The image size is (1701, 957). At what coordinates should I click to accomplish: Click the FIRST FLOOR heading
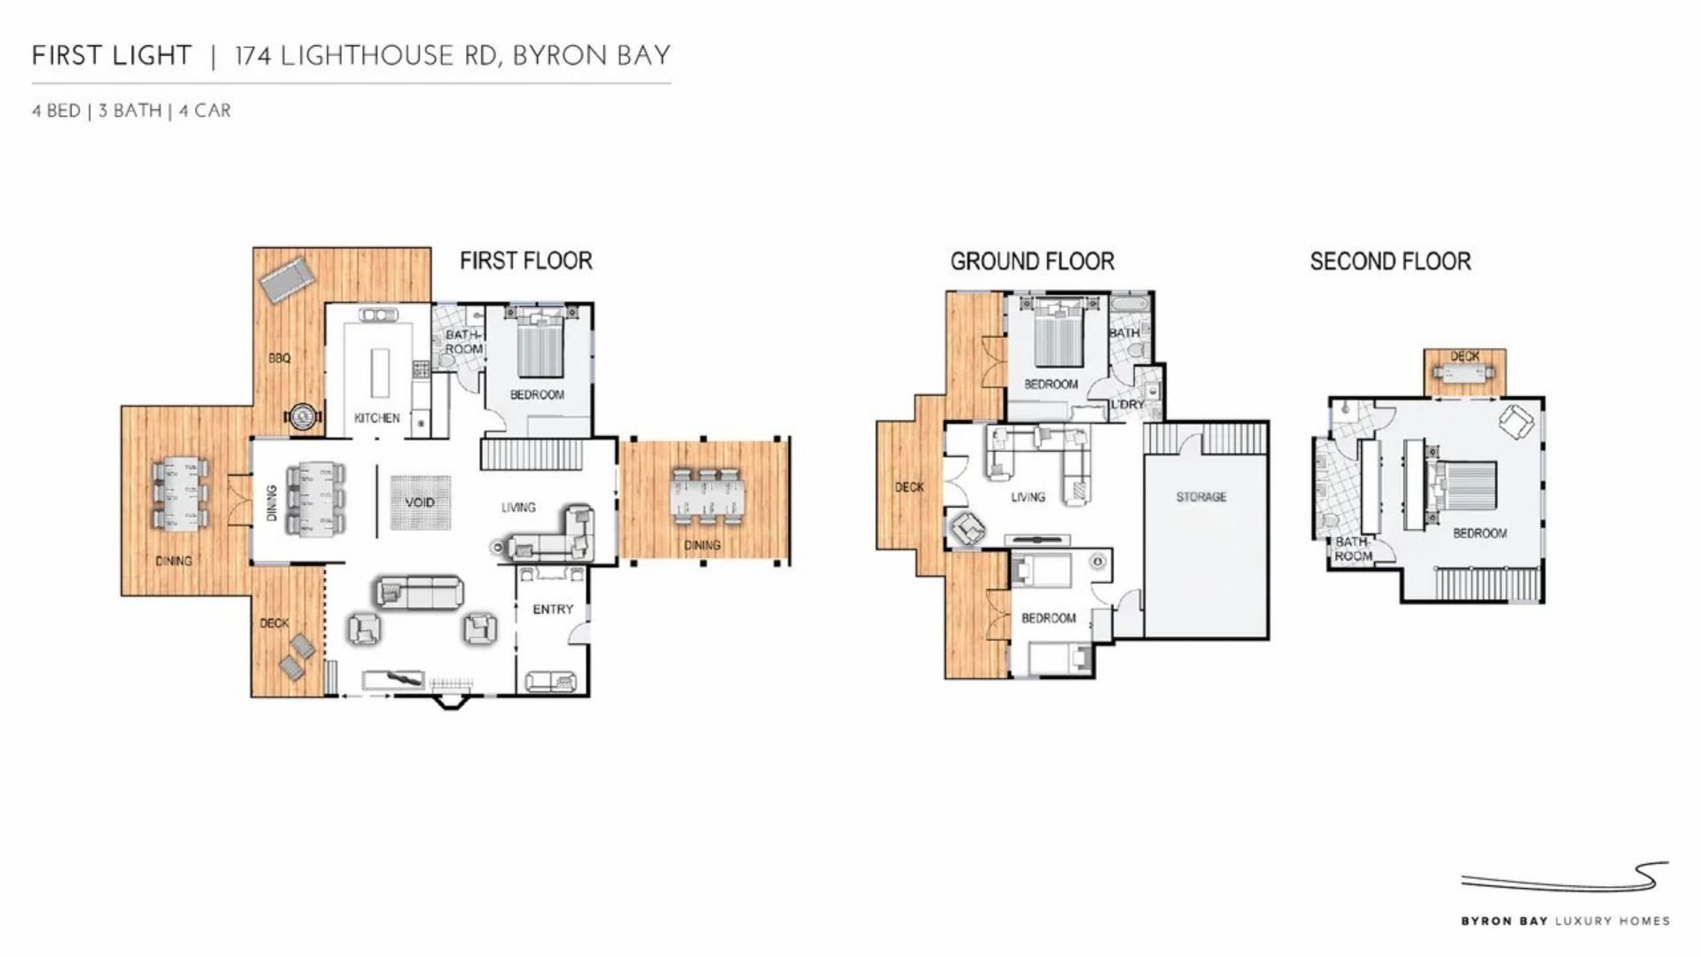(525, 261)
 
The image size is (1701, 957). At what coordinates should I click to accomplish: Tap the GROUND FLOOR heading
(1032, 261)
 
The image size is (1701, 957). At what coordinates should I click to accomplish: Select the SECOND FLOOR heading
(1390, 261)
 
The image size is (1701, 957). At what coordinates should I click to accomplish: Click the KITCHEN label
(377, 418)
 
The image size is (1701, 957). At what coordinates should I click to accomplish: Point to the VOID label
(420, 502)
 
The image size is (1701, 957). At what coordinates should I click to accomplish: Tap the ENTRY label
(553, 610)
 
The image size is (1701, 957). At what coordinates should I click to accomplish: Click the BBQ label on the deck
(279, 358)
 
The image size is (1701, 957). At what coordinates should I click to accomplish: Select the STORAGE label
(1201, 497)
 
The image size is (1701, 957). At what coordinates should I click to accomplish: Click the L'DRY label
(1128, 404)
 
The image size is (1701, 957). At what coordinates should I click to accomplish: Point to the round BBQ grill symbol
(303, 416)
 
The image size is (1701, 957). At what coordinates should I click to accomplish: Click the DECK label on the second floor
(1464, 356)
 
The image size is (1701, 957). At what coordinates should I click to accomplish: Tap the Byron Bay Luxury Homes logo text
(1565, 922)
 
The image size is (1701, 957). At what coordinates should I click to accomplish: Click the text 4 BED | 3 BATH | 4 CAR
(131, 111)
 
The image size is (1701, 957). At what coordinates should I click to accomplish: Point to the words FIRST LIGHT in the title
(112, 56)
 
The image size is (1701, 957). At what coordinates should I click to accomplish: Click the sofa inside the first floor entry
(551, 681)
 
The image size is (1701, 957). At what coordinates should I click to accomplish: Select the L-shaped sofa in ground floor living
(1041, 461)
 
